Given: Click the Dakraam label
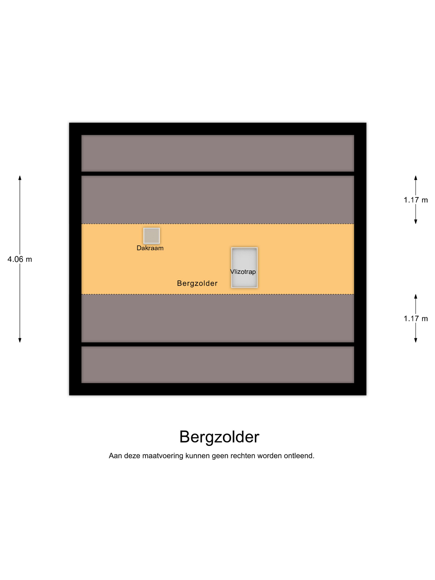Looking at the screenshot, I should click(x=150, y=248).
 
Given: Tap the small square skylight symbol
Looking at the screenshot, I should click(x=152, y=236).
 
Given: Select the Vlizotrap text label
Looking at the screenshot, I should click(x=243, y=272).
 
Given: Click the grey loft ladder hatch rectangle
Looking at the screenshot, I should click(x=244, y=260).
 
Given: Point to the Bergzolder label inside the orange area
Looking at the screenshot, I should click(x=197, y=283).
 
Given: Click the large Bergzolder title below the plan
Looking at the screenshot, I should click(x=219, y=437).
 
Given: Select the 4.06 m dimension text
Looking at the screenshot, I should click(x=20, y=259).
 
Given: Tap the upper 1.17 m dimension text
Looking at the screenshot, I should click(x=416, y=200).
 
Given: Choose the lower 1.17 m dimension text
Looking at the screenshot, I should click(x=416, y=319).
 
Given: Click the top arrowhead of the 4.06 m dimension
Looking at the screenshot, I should click(x=20, y=178).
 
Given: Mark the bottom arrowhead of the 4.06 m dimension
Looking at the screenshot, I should click(x=20, y=340).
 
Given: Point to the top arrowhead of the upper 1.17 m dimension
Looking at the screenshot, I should click(x=416, y=178).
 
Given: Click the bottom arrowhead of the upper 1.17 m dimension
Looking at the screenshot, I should click(x=416, y=222).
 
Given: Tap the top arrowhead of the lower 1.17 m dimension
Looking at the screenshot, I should click(x=416, y=297).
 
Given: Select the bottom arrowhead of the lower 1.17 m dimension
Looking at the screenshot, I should click(x=416, y=340).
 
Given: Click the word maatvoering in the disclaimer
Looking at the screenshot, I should click(x=163, y=456).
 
